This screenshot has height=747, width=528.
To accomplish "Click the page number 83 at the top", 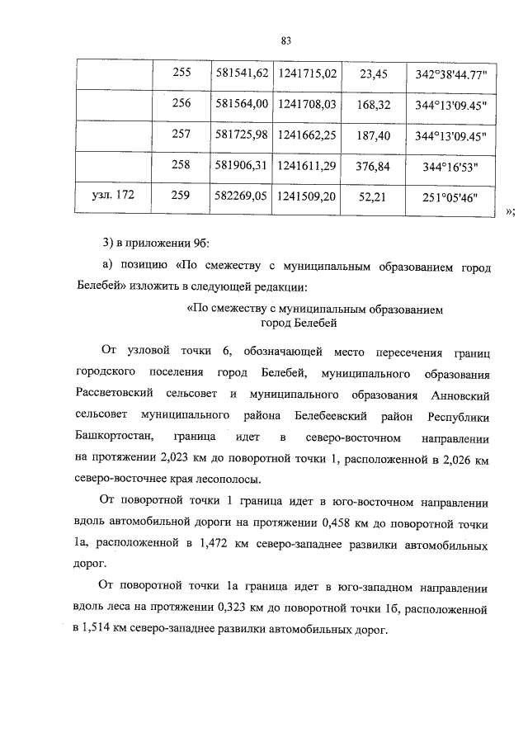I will (287, 39).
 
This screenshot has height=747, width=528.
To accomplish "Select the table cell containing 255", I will (181, 73).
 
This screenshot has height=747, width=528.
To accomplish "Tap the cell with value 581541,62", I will (242, 73).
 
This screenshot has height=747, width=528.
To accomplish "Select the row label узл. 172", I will (112, 196).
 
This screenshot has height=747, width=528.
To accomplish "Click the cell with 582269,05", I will (242, 196).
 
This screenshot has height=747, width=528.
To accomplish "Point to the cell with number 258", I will (181, 165).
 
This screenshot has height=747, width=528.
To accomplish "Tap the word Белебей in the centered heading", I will (310, 324).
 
